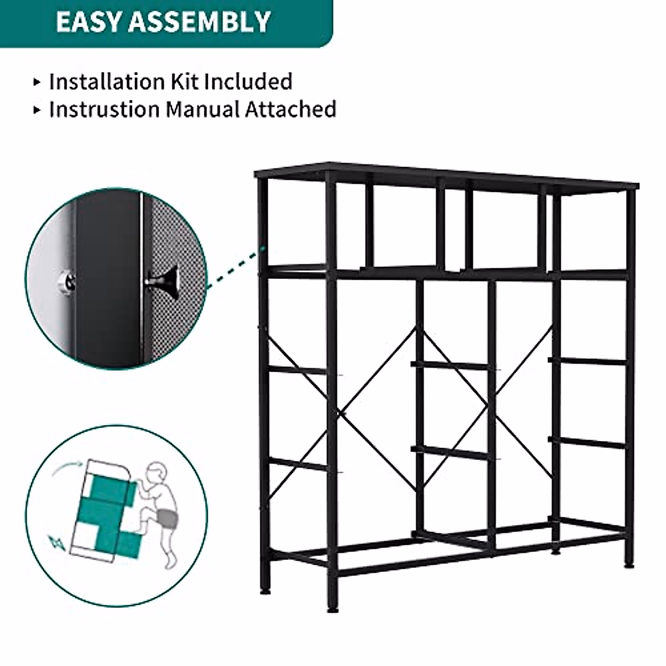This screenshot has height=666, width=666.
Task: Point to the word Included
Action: tap(248, 82)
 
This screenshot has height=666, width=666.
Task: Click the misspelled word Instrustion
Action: tap(104, 109)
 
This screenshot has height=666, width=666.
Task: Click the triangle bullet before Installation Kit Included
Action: tap(37, 82)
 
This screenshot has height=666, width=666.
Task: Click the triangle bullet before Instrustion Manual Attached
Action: tap(37, 109)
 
